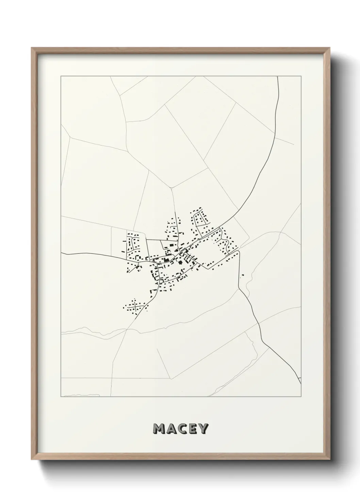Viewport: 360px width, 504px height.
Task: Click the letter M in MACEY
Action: coord(160,429)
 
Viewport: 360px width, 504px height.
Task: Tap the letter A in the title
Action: coord(171,429)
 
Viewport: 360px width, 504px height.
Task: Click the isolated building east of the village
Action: coord(243,275)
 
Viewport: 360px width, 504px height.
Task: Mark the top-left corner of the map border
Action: coord(61,76)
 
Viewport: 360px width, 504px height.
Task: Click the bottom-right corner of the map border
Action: coord(301,397)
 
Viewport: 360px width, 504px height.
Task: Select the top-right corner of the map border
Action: coord(301,76)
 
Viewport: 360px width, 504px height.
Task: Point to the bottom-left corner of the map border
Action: coord(61,397)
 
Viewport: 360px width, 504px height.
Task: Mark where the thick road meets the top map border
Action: coord(278,77)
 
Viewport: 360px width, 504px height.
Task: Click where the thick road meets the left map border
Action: coord(61,253)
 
